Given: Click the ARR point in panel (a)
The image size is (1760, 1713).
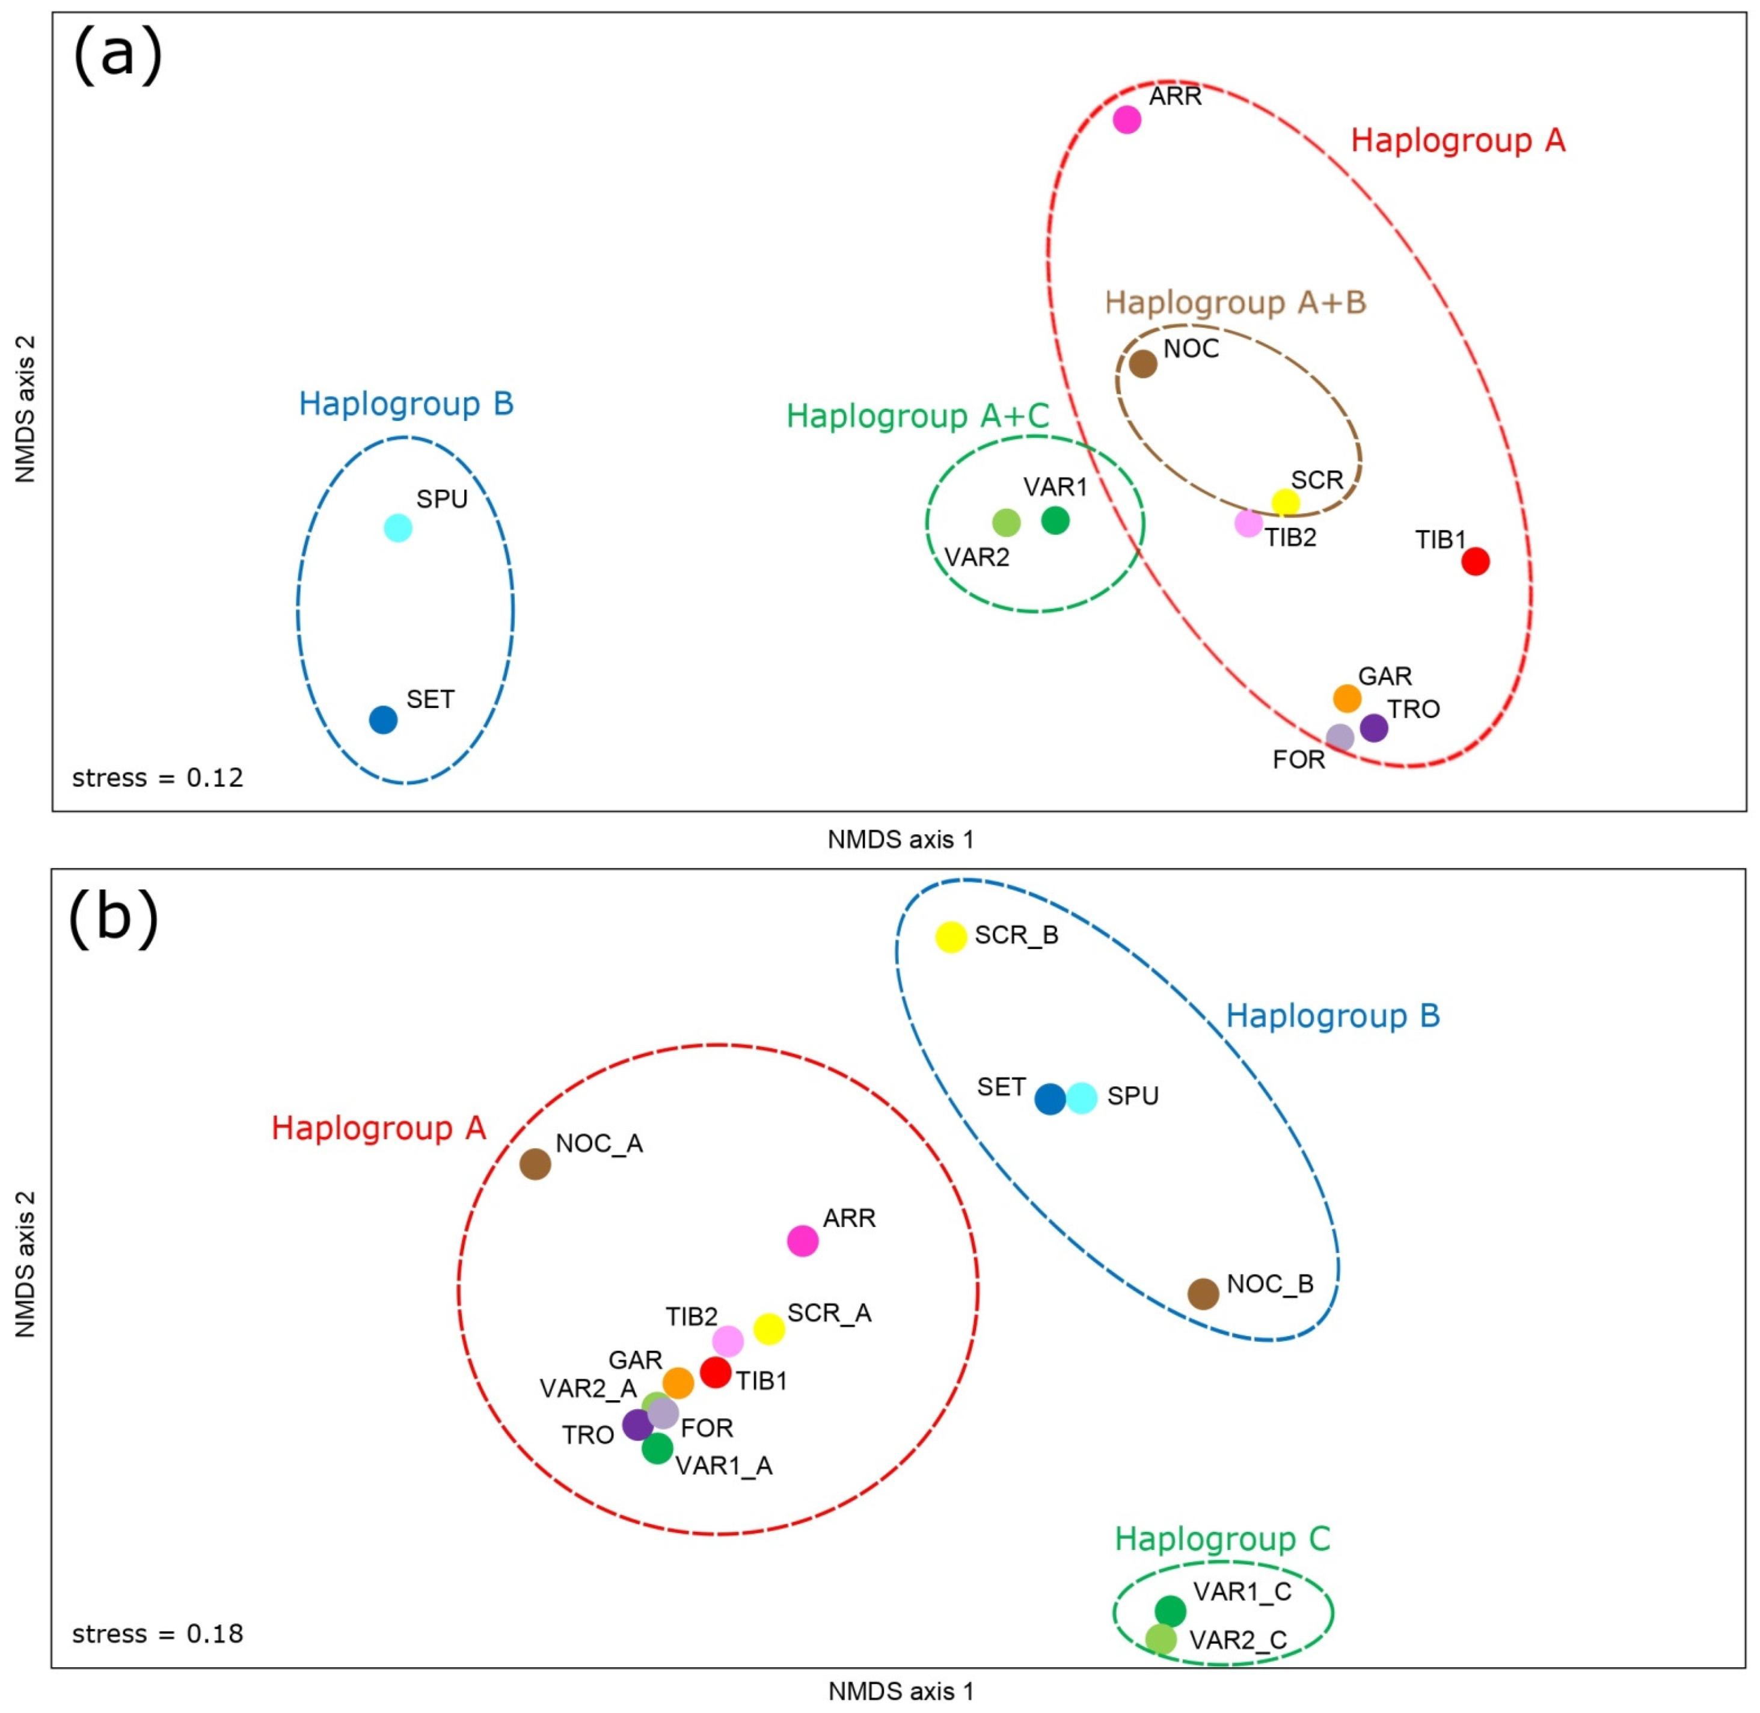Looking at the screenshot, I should click(x=1127, y=120).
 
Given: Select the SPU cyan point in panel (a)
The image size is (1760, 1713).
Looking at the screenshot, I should click(x=399, y=528).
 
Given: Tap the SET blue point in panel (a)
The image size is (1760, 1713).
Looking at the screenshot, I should click(x=383, y=720).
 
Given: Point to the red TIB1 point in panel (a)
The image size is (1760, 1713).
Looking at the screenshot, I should click(x=1476, y=561).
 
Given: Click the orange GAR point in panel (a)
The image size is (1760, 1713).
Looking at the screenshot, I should click(x=1346, y=698).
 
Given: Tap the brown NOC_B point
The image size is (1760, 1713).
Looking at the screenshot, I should click(x=1203, y=1294).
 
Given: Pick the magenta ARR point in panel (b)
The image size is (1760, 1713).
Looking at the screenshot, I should click(x=802, y=1241).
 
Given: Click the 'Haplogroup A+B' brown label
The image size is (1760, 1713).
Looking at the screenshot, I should click(x=1235, y=303).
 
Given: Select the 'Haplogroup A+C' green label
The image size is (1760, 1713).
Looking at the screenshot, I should click(x=918, y=416).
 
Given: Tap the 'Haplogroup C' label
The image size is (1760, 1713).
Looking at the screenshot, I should click(x=1222, y=1539).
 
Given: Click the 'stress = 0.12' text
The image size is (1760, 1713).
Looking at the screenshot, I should click(x=158, y=777).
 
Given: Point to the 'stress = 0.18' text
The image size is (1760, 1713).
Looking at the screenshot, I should click(x=158, y=1634).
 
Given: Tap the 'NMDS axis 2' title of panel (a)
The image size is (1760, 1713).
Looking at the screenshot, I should click(x=25, y=410).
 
